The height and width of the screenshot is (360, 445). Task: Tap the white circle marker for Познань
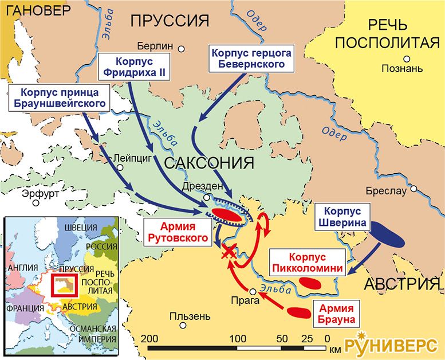click(x=407, y=58)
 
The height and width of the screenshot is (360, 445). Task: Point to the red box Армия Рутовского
click(x=176, y=232)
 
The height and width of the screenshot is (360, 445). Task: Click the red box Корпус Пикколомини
click(x=308, y=262)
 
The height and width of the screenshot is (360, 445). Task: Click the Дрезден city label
click(x=199, y=186)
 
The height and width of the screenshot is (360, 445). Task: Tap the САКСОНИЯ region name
click(x=208, y=163)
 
